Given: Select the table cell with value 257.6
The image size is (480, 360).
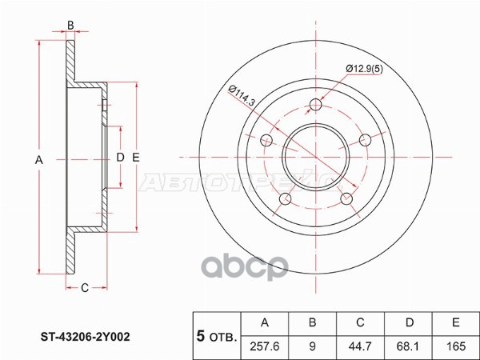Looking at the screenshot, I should click(x=266, y=346).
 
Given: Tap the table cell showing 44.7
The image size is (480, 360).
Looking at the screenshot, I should click(x=360, y=346).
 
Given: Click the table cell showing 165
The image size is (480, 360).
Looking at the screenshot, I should click(x=454, y=346).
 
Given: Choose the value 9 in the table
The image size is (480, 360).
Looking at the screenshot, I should click(x=314, y=346).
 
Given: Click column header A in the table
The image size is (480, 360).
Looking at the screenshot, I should click(x=266, y=323).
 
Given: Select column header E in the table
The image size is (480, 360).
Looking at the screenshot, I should click(x=454, y=323).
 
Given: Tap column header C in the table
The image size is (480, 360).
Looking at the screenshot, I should click(x=360, y=323).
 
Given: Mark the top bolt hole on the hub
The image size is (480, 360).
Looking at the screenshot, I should click(x=315, y=105).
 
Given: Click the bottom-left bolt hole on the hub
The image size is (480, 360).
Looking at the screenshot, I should click(x=285, y=199).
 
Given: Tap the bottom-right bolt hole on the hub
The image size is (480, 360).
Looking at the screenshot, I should click(x=346, y=199).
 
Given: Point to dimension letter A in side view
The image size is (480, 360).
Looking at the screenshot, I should click(x=38, y=161).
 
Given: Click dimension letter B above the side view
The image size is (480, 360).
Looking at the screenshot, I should click(x=70, y=26).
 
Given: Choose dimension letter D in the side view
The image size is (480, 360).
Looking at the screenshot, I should click(x=120, y=158).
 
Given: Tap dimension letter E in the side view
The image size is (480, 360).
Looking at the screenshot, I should click(x=136, y=158).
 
